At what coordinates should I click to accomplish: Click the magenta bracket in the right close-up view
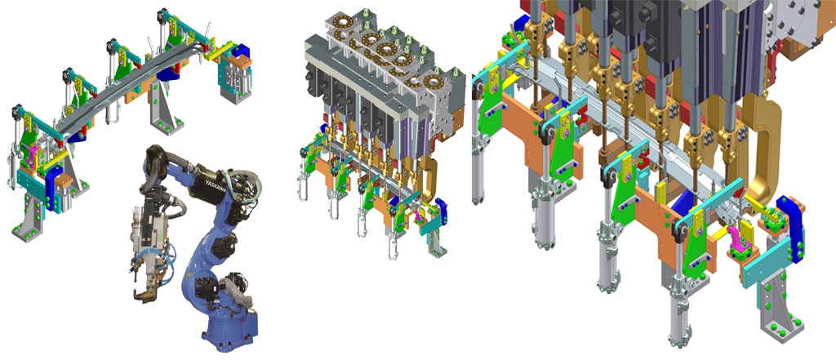point(737,239)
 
